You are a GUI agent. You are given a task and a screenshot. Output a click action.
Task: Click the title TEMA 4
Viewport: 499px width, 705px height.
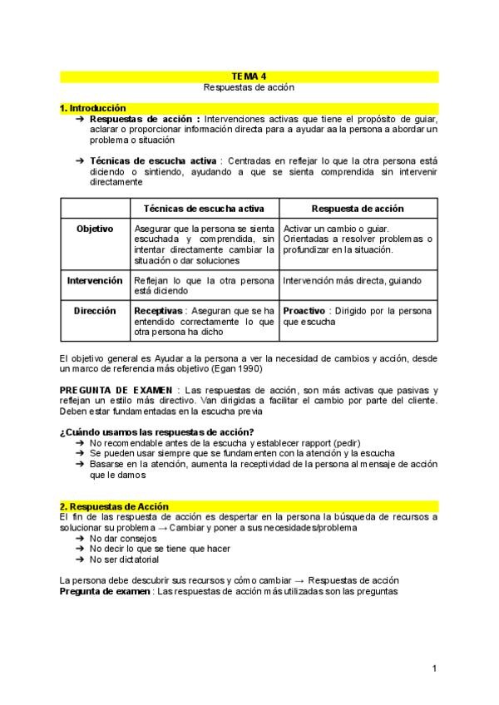(249, 76)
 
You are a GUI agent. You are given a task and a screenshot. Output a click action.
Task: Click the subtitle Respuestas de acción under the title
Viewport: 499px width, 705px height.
(249, 86)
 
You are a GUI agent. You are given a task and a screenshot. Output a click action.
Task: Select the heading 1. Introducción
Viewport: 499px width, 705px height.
(93, 108)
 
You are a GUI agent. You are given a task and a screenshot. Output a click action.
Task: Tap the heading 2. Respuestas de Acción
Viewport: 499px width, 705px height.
(114, 506)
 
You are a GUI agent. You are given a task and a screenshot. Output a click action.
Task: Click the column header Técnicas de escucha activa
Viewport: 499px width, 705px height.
(205, 209)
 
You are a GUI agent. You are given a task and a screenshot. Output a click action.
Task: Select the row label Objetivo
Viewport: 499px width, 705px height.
(95, 229)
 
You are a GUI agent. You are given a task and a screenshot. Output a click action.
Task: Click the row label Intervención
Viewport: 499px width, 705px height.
(95, 281)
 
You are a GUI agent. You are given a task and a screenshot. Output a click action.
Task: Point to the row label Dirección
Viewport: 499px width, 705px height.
(95, 310)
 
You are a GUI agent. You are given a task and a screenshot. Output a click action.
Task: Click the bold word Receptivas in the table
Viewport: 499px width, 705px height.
(158, 310)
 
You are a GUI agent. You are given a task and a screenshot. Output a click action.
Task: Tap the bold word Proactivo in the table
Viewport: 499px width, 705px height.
(304, 310)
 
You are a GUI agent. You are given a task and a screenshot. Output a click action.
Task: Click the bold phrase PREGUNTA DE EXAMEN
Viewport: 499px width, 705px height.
(116, 390)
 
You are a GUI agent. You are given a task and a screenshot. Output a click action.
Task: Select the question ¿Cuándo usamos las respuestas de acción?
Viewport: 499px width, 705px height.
(157, 431)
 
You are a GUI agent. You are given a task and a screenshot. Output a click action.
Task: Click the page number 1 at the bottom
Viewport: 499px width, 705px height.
(434, 668)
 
